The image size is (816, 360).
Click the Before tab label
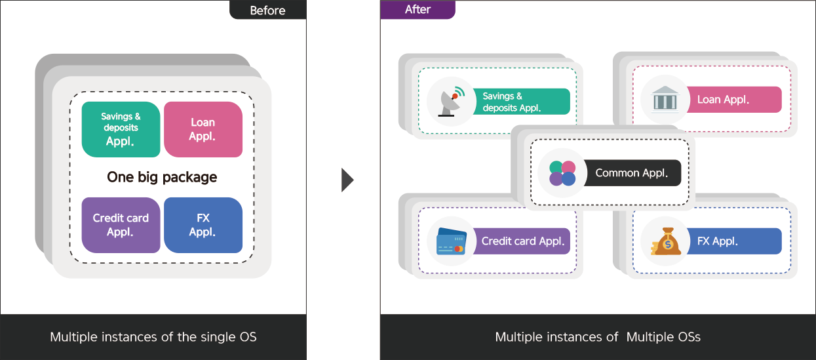click(x=268, y=10)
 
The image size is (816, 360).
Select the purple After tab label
click(x=418, y=9)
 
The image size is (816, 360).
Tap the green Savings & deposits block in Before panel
click(x=121, y=129)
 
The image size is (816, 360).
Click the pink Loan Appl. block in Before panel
click(x=203, y=129)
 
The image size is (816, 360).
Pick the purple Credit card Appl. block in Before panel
click(x=121, y=225)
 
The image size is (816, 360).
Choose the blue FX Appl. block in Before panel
click(x=203, y=225)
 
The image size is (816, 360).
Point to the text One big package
click(x=162, y=177)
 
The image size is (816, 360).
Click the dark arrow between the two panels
click(x=347, y=180)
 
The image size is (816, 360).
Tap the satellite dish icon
click(x=452, y=102)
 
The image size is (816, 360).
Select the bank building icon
click(x=665, y=100)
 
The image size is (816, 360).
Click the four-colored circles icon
click(x=562, y=173)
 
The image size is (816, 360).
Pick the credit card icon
click(x=452, y=241)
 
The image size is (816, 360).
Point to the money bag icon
click(x=666, y=241)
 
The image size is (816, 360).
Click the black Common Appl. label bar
click(x=632, y=172)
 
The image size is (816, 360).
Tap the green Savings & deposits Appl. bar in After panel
click(x=521, y=101)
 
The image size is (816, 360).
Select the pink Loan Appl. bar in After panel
click(x=733, y=100)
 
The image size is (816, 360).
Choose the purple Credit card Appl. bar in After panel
click(x=521, y=241)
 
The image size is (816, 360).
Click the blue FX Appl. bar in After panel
click(x=733, y=241)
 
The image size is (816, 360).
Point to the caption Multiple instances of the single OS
click(x=153, y=337)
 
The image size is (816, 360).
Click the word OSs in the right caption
click(x=684, y=337)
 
